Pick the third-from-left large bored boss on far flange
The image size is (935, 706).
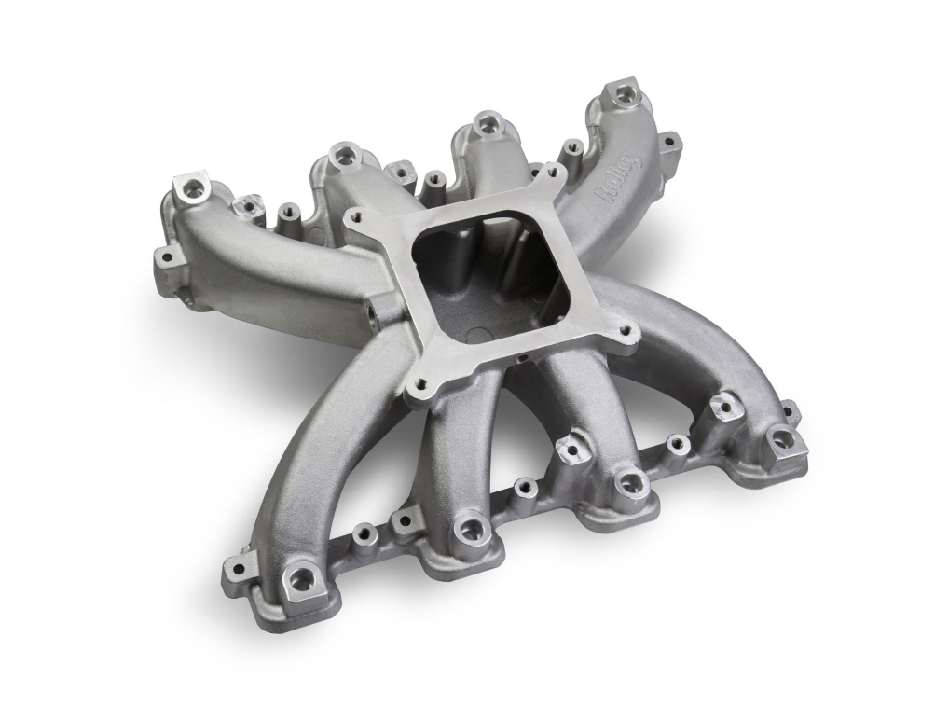point(487,122)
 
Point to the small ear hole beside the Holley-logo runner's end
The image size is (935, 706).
point(667,142)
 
